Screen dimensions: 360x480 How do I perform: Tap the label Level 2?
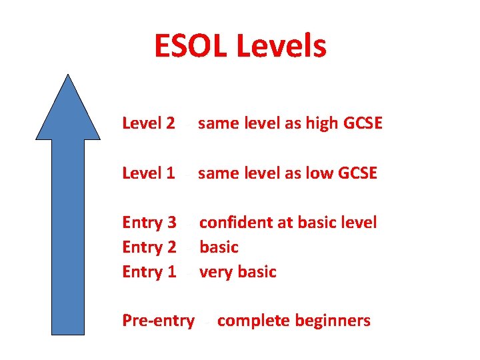[x=149, y=123]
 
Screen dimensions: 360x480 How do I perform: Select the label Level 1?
[x=149, y=173]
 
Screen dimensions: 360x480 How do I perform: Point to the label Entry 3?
[x=149, y=223]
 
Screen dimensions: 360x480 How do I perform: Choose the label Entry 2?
[x=149, y=247]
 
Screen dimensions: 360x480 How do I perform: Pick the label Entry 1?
[x=149, y=272]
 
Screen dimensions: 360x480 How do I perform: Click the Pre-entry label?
[x=158, y=321]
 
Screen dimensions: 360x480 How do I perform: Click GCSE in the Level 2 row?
[x=363, y=123]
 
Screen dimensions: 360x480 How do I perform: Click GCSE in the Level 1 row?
[x=358, y=173]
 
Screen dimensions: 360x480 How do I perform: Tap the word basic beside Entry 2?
[x=219, y=247]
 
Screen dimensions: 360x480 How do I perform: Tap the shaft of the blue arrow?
[x=68, y=233]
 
